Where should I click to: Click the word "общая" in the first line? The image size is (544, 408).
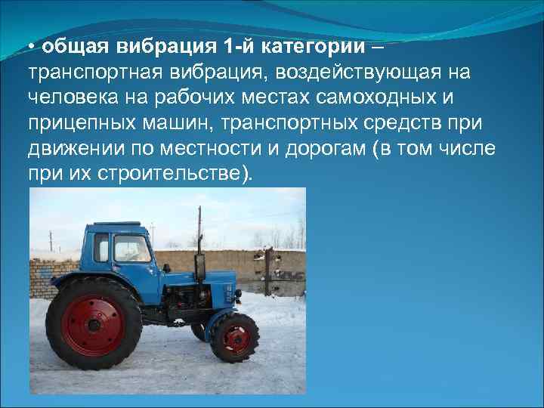point(73,47)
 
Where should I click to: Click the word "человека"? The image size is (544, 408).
point(66,97)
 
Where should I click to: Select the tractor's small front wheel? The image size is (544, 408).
point(234,336)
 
